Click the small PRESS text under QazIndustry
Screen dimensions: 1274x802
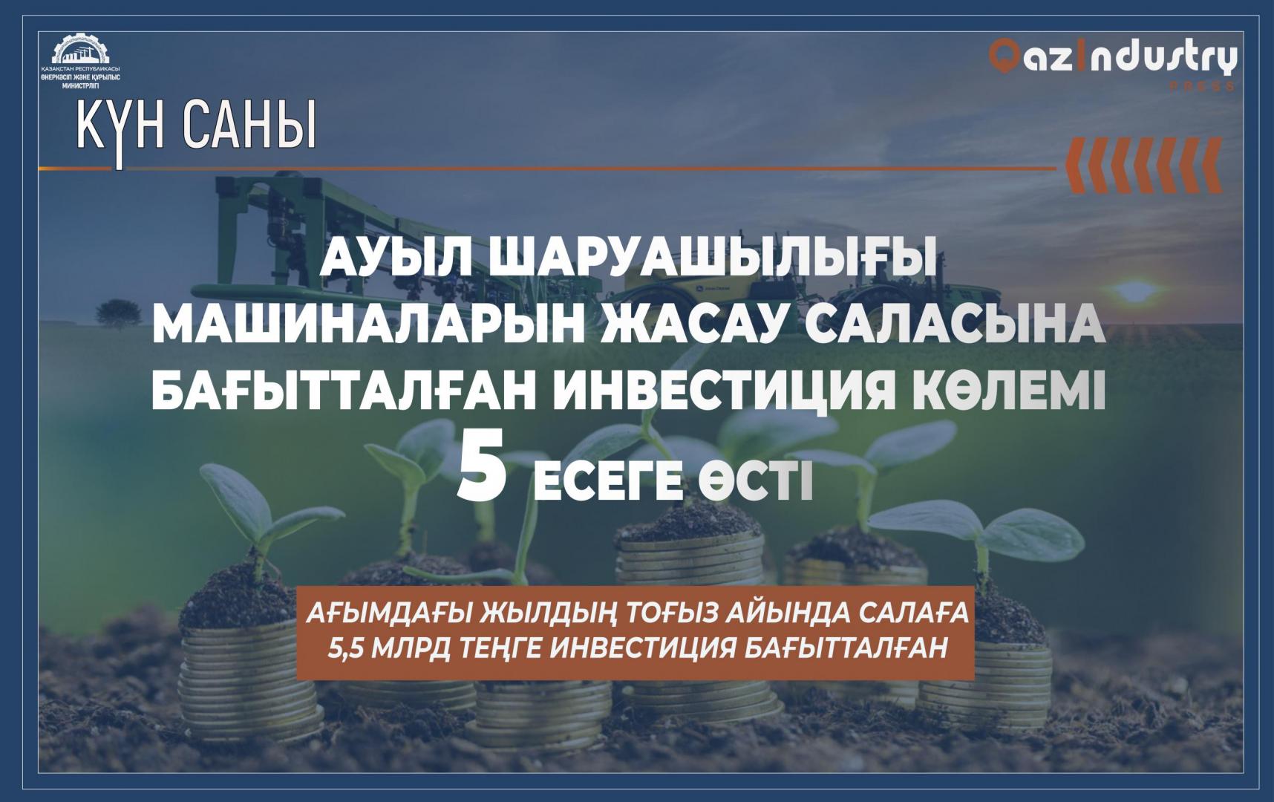click(1202, 87)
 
